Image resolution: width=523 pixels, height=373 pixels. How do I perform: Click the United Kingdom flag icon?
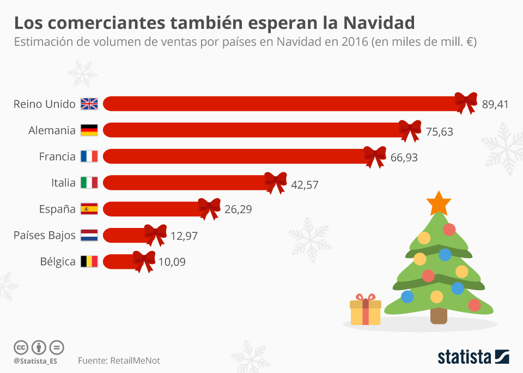tap(89, 104)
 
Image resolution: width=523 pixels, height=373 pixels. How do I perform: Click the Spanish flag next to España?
tap(89, 208)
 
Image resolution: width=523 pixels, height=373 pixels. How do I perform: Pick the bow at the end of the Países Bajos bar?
tap(155, 234)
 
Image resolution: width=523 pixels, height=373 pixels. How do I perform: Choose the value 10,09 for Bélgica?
tap(172, 262)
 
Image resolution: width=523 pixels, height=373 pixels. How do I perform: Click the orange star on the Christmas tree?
tap(439, 203)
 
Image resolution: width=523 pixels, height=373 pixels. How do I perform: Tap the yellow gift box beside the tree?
tap(365, 311)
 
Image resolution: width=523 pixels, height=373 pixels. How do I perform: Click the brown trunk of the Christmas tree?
tap(438, 315)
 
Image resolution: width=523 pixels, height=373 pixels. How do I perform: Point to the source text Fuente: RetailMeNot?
tap(119, 360)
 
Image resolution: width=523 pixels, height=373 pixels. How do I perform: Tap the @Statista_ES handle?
tap(35, 361)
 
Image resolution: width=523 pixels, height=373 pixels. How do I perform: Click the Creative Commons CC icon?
tap(21, 347)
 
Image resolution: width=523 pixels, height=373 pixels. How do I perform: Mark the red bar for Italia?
tap(185, 182)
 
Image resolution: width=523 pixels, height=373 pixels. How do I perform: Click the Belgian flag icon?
tap(89, 261)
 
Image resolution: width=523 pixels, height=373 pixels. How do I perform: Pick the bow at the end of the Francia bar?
tap(375, 157)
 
